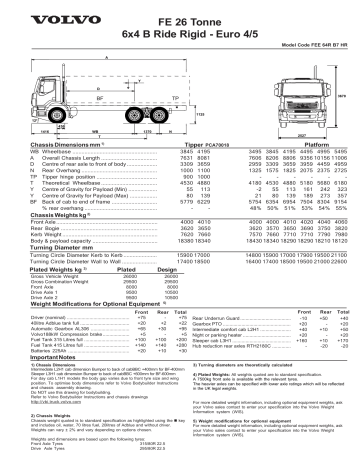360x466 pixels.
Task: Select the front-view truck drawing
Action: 305,100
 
